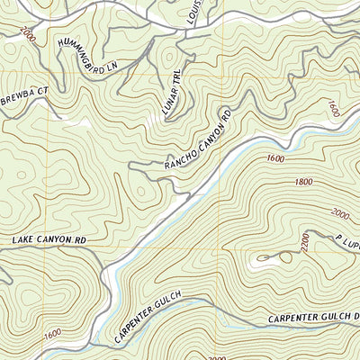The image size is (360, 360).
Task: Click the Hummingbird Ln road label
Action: click(x=87, y=55)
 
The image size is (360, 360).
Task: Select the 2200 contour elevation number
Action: click(x=304, y=242)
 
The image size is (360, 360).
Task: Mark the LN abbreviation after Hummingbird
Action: click(x=112, y=67)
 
